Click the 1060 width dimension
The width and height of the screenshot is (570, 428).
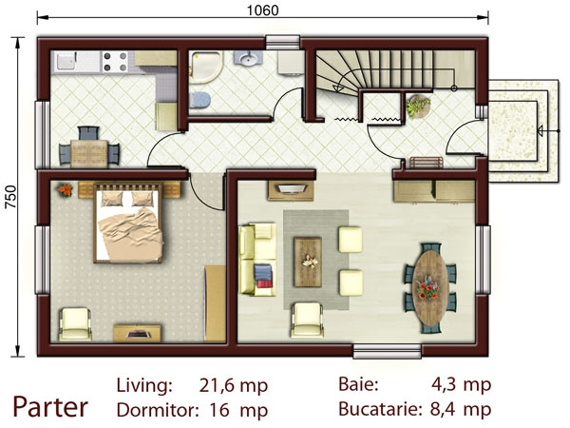point(264,11)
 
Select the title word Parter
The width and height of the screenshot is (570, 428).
point(49,407)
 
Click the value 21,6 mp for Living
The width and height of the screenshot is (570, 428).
point(234,385)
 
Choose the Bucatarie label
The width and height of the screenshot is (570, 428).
point(379,410)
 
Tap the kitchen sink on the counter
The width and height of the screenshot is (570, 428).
point(67,62)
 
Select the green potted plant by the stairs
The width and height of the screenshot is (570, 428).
point(417,107)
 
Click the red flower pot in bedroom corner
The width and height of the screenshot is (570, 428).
point(63,189)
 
